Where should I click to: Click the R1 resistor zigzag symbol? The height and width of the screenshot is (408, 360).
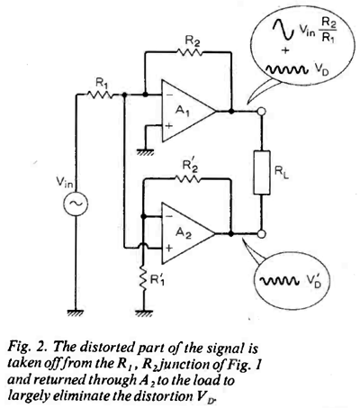(100, 95)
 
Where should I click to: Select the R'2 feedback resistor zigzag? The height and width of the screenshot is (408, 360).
(187, 179)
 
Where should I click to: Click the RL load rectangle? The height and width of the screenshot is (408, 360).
(262, 172)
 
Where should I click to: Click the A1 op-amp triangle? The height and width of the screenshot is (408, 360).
(189, 111)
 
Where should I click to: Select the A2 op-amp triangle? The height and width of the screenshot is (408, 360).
(189, 233)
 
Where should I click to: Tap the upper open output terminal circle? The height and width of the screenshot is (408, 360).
(262, 111)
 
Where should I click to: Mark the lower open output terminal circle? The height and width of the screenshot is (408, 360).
(262, 233)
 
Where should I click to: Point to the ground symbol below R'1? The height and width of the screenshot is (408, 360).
(144, 313)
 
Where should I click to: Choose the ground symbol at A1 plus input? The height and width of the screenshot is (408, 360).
(145, 152)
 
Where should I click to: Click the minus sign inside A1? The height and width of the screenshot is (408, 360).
(168, 95)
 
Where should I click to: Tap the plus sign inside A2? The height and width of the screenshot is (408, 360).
(169, 249)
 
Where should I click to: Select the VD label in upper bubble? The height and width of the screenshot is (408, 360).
(321, 70)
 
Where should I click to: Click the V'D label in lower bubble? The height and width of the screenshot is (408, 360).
(313, 280)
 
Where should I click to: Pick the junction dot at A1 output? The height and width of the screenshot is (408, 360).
(231, 111)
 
